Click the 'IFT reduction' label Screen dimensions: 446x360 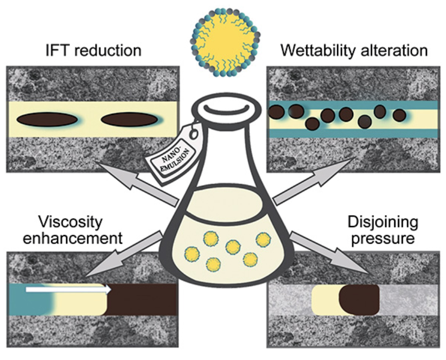93,51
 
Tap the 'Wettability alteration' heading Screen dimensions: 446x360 354,51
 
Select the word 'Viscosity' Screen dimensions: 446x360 70,223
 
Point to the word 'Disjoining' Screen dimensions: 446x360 383,223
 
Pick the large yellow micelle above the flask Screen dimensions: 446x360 225,43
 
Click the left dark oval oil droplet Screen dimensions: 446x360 47,119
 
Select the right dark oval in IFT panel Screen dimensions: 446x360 129,119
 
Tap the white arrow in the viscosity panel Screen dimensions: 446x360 69,289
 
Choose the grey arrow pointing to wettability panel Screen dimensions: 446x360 313,182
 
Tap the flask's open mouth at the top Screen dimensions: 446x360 226,109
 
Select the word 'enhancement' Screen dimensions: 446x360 73,238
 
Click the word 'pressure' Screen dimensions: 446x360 383,238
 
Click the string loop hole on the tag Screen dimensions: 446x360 194,134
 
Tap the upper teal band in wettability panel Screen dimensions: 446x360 354,105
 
